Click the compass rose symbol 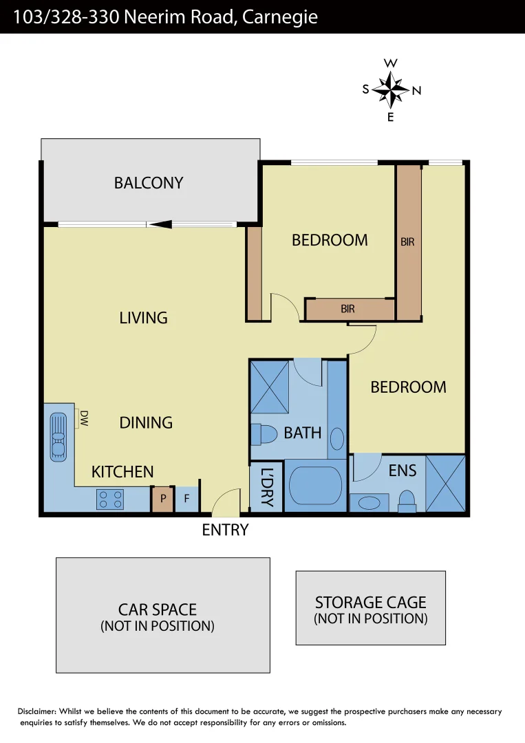[391, 90]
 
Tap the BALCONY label [149, 183]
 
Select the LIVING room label [143, 318]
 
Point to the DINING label [146, 422]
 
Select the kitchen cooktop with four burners [111, 499]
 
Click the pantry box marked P [162, 499]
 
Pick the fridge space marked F [186, 499]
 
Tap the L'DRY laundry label [267, 487]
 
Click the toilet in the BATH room [264, 434]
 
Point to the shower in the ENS [445, 483]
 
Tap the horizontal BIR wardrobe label [348, 310]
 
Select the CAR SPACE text [158, 610]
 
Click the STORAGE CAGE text [370, 603]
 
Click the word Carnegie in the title [281, 17]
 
